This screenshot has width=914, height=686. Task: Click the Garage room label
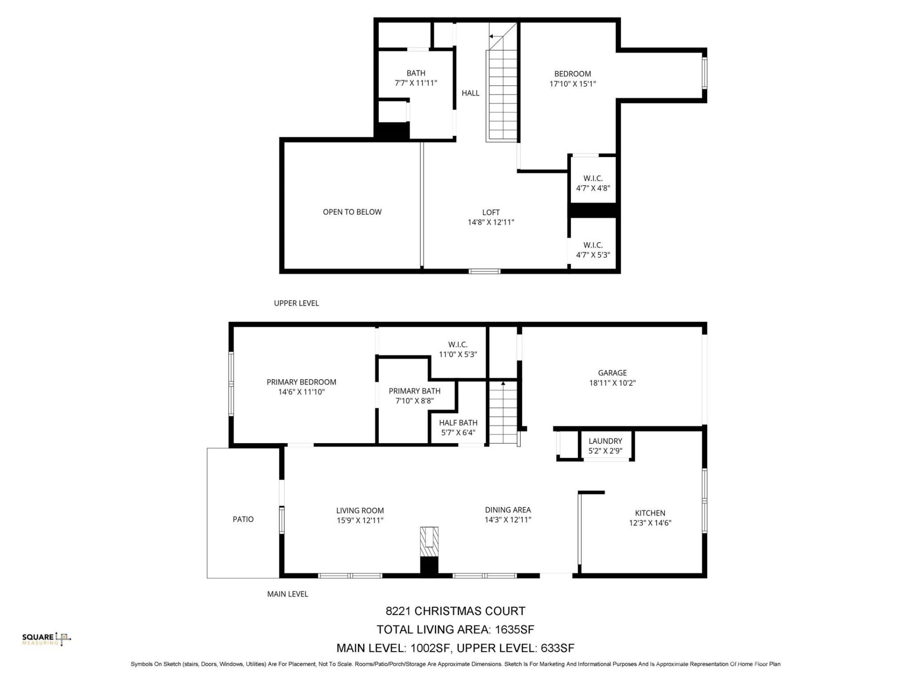(x=612, y=373)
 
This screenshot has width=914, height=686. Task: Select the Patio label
(x=243, y=519)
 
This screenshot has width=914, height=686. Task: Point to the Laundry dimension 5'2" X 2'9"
(x=605, y=451)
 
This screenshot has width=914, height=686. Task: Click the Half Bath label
(x=458, y=423)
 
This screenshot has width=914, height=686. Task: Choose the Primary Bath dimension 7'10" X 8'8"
(x=414, y=401)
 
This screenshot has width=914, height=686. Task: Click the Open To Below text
(x=352, y=212)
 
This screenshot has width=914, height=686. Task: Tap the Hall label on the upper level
(x=470, y=93)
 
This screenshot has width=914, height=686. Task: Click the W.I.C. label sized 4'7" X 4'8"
(x=593, y=178)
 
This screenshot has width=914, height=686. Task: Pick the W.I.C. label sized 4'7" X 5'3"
(x=593, y=245)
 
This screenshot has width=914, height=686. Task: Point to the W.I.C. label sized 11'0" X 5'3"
(x=457, y=344)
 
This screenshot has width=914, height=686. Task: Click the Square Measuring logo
(x=47, y=639)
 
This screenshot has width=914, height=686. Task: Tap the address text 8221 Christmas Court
(x=455, y=611)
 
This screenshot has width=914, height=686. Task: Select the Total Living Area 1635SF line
(x=455, y=630)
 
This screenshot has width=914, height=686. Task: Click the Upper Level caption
(x=296, y=303)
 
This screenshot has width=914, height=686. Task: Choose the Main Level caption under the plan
(x=288, y=594)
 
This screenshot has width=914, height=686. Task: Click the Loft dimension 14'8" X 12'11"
(x=491, y=222)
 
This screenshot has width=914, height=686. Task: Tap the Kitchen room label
(x=650, y=513)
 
